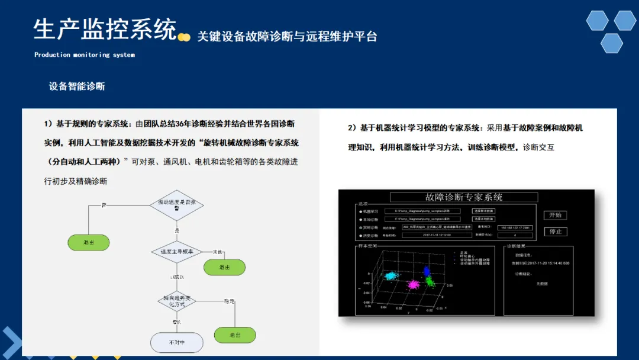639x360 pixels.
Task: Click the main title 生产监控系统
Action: pyautogui.click(x=105, y=29)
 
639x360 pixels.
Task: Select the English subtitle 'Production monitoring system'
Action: pyautogui.click(x=85, y=55)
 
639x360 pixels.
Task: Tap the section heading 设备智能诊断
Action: pyautogui.click(x=77, y=86)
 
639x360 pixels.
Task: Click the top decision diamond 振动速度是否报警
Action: pyautogui.click(x=176, y=205)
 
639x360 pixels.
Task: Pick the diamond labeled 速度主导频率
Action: pyautogui.click(x=176, y=252)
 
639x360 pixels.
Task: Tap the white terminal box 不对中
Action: pyautogui.click(x=176, y=342)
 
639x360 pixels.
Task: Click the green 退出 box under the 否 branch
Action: pyautogui.click(x=88, y=242)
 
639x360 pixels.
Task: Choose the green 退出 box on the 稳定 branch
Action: pyautogui.click(x=235, y=335)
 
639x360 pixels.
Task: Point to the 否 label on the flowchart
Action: pyautogui.click(x=104, y=205)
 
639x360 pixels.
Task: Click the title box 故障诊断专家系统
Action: pyautogui.click(x=464, y=198)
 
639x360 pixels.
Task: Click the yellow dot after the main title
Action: pyautogui.click(x=185, y=37)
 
